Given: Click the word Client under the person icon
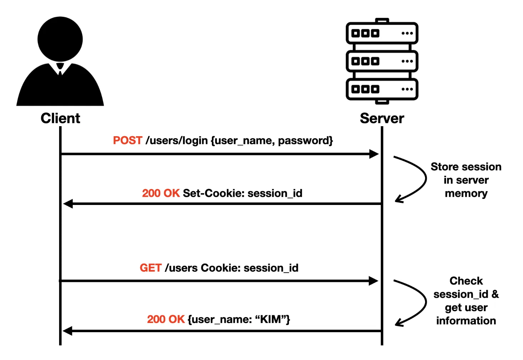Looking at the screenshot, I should click(x=60, y=118).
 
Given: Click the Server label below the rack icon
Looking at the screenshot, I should click(x=382, y=118).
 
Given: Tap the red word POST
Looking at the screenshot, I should click(x=128, y=140).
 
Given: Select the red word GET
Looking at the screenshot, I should click(x=150, y=268).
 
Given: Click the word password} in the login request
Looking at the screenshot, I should click(x=305, y=140).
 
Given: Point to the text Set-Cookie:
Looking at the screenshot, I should click(x=213, y=193).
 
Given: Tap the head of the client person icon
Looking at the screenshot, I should click(x=60, y=39).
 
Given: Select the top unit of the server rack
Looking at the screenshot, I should click(x=382, y=33).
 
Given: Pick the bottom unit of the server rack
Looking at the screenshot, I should click(x=382, y=89).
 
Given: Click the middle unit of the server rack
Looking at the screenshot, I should click(x=382, y=61).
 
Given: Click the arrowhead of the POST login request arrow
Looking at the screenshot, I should click(x=374, y=154).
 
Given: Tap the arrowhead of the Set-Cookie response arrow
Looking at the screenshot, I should click(x=68, y=204).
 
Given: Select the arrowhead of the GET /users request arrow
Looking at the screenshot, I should click(x=373, y=281).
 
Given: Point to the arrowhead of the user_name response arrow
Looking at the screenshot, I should click(x=68, y=331).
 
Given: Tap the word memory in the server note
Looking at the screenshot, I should click(x=466, y=194).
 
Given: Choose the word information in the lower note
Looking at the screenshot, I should click(x=466, y=321).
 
